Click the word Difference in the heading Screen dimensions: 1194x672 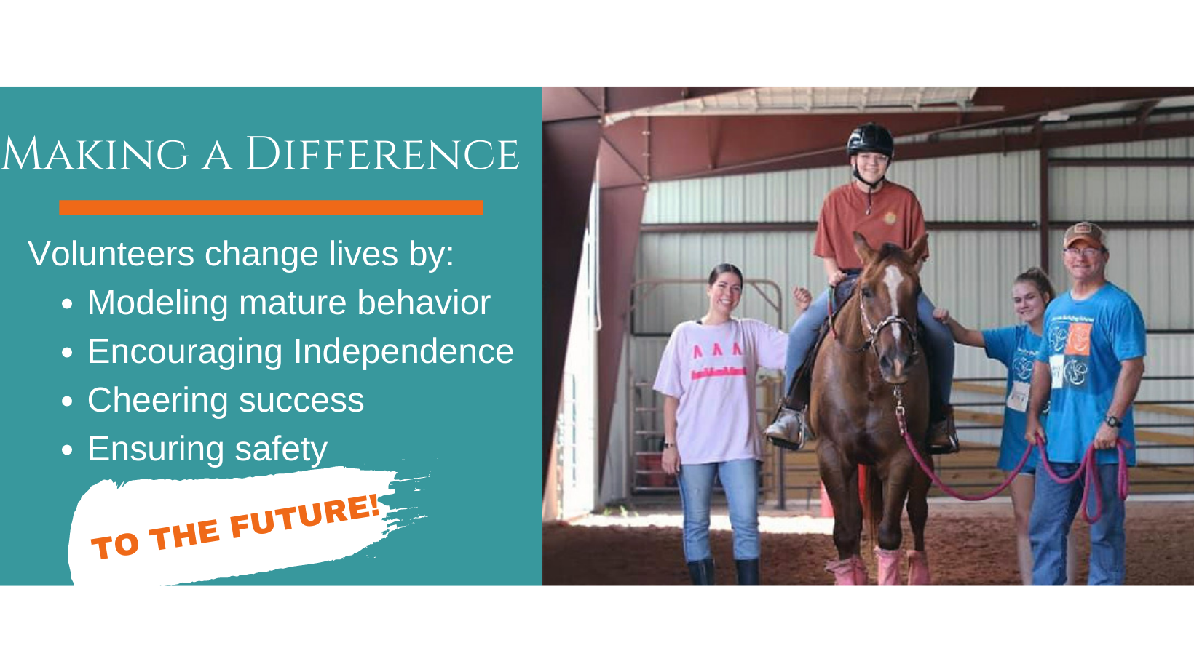(382, 154)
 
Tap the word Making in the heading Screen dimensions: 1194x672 (95, 154)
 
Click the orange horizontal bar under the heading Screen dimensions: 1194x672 (271, 207)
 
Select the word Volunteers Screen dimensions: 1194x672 (111, 254)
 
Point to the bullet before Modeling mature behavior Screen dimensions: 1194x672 (67, 303)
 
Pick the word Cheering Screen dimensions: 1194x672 (158, 401)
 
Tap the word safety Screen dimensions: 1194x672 (281, 449)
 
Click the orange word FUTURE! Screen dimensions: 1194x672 (306, 516)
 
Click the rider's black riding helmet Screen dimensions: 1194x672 (870, 140)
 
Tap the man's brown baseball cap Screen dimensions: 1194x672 (1084, 236)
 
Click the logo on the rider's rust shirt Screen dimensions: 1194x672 (890, 217)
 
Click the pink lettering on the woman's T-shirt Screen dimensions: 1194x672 (718, 362)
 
